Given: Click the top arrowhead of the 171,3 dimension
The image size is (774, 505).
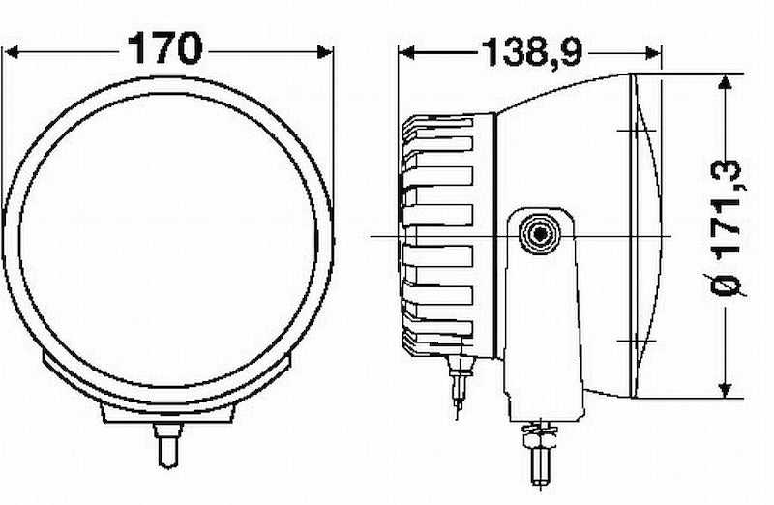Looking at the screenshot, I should [724, 83].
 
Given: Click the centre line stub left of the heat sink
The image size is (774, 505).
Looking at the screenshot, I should [383, 235].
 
